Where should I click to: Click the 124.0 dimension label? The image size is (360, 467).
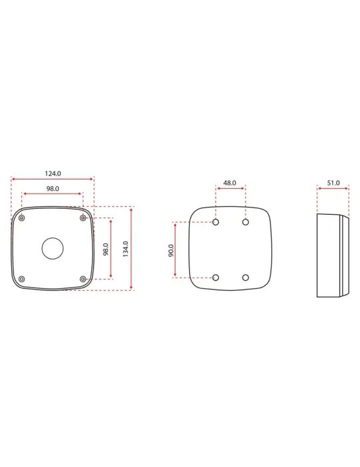53,173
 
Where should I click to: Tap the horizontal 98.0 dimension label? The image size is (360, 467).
53,189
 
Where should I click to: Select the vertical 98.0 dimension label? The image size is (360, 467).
105,250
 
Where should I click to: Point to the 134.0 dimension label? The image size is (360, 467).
125,249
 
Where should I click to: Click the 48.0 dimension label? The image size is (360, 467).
230,183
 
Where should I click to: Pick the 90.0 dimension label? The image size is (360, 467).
171,250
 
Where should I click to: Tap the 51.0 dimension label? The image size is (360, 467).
333,183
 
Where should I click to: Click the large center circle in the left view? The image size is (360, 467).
53,248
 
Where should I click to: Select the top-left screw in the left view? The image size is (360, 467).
21,218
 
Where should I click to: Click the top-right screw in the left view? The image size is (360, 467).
83,218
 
